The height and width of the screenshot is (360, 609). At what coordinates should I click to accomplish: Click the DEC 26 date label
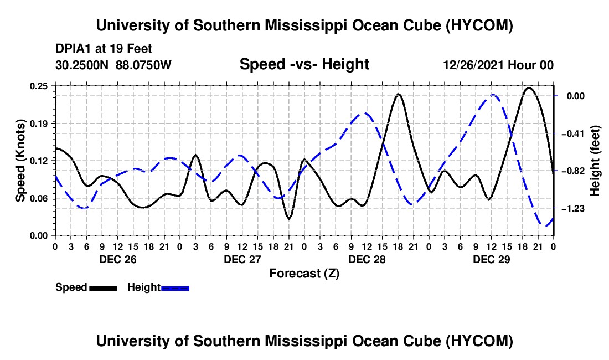point(118,259)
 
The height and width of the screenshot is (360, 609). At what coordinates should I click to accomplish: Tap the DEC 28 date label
point(367,259)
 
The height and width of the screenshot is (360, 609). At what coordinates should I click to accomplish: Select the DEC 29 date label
point(491,259)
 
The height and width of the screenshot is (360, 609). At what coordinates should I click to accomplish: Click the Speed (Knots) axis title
point(20,161)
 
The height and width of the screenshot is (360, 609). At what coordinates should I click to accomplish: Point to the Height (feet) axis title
point(595,161)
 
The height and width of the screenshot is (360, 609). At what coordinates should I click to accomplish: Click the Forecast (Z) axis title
point(304,274)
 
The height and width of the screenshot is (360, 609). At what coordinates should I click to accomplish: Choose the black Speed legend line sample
point(104,288)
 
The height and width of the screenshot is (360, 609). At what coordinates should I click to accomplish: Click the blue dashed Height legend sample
point(175,288)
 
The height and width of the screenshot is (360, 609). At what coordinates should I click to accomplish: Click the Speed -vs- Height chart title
point(304,64)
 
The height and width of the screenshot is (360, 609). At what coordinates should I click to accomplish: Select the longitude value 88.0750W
point(143,65)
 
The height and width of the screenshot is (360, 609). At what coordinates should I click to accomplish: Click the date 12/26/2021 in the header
point(474,65)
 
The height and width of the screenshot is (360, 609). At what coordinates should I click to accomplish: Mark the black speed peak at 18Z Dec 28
point(398,94)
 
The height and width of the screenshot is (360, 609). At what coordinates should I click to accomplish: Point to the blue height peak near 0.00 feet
point(493,95)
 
